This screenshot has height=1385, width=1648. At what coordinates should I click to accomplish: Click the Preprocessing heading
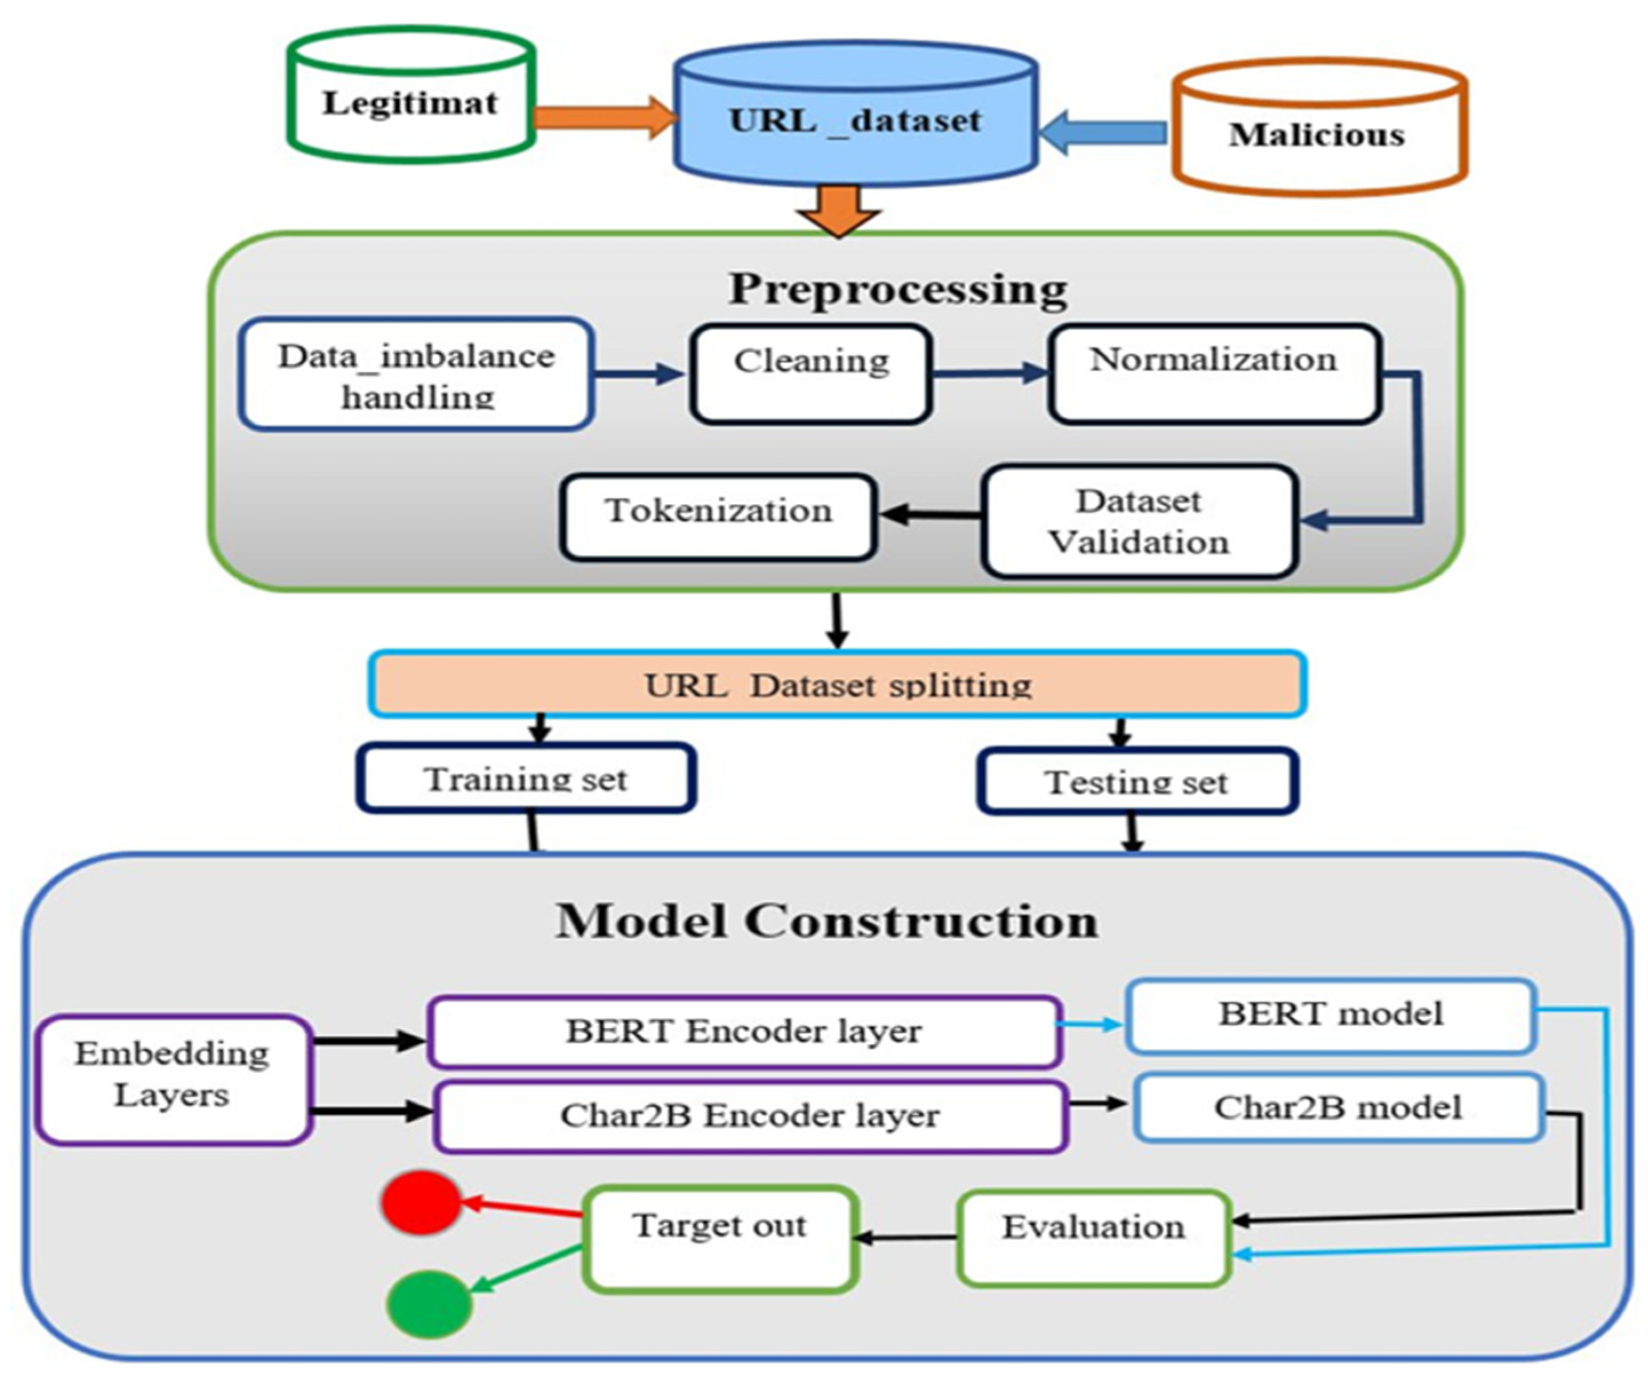[x=898, y=289]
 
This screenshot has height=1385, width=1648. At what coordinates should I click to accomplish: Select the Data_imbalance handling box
[x=416, y=375]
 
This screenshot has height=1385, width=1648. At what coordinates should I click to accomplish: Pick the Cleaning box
[x=811, y=375]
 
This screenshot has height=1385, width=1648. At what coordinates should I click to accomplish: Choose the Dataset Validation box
[x=1138, y=522]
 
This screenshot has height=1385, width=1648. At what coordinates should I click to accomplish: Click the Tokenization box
[x=718, y=516]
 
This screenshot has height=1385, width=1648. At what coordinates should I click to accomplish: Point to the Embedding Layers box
[x=173, y=1080]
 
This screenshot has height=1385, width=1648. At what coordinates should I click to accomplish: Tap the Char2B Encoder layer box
[x=750, y=1116]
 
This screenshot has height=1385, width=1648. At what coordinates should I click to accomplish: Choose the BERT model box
[x=1330, y=1015]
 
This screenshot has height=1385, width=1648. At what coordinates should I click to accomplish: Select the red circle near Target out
[x=421, y=1202]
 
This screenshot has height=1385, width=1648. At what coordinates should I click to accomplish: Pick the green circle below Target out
[x=429, y=1303]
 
